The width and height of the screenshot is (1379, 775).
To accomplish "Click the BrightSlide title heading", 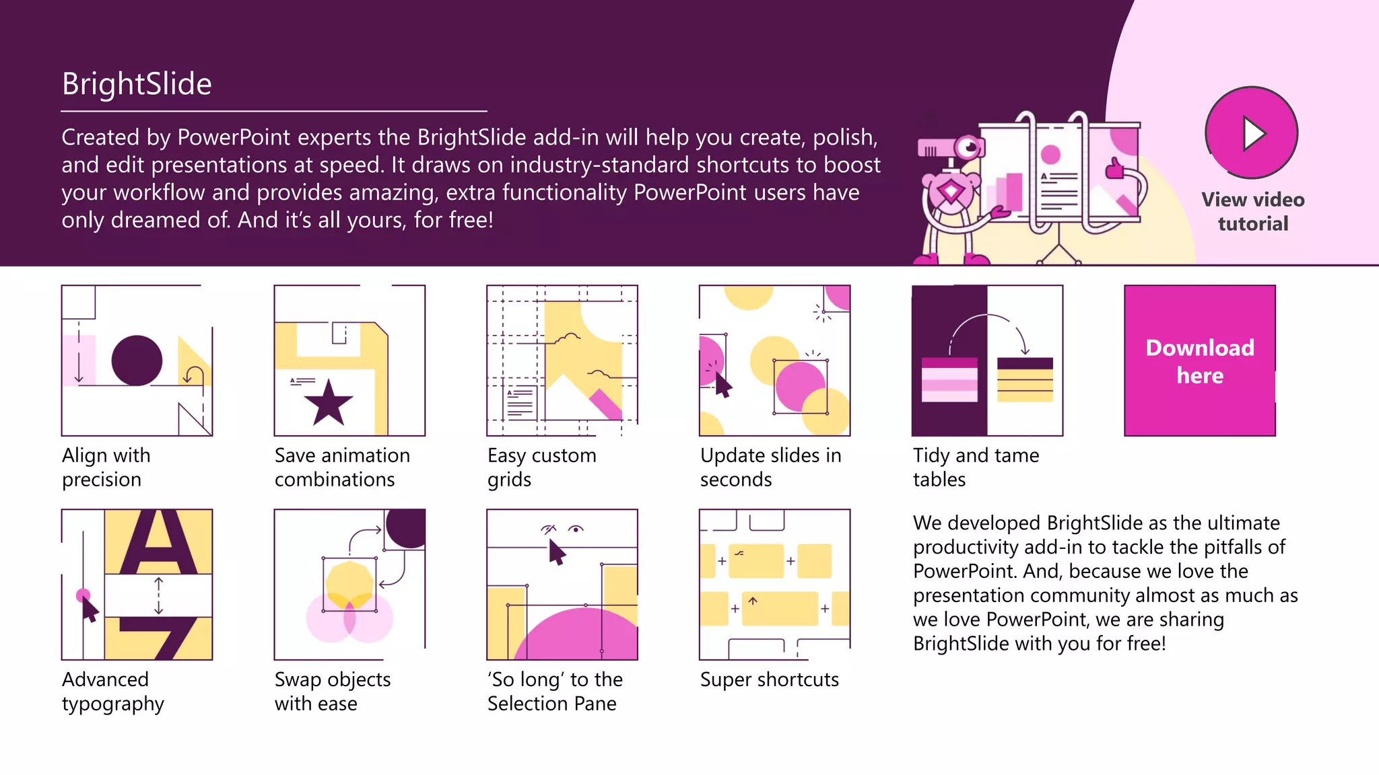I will pos(137,84).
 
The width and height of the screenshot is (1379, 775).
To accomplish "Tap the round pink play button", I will pos(1251,133).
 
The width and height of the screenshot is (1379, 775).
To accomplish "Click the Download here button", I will pos(1199,361).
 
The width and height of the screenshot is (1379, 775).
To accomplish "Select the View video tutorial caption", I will pos(1252,211).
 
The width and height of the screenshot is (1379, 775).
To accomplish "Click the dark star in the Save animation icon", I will pos(329,404).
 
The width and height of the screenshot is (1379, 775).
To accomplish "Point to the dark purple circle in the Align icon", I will pos(137,361).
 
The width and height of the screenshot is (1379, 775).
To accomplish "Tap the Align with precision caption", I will pos(106,467).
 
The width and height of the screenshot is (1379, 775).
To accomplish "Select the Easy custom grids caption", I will pos(541,467).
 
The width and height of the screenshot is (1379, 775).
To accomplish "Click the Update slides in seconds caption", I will pos(770,467).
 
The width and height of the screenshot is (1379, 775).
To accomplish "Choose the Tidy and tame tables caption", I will pos(976,467).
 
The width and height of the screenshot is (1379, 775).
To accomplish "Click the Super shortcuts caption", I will pos(769,679).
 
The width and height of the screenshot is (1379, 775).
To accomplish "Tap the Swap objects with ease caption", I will pos(333,691).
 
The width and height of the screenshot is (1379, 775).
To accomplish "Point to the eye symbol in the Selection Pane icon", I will pos(576,529).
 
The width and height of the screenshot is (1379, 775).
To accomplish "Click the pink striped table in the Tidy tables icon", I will pos(949,380).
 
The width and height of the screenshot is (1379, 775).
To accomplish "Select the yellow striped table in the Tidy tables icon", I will pos(1024,380).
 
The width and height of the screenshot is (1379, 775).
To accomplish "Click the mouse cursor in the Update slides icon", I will pos(722,385).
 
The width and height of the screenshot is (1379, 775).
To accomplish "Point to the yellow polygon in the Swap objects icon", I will pos(349,584).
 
